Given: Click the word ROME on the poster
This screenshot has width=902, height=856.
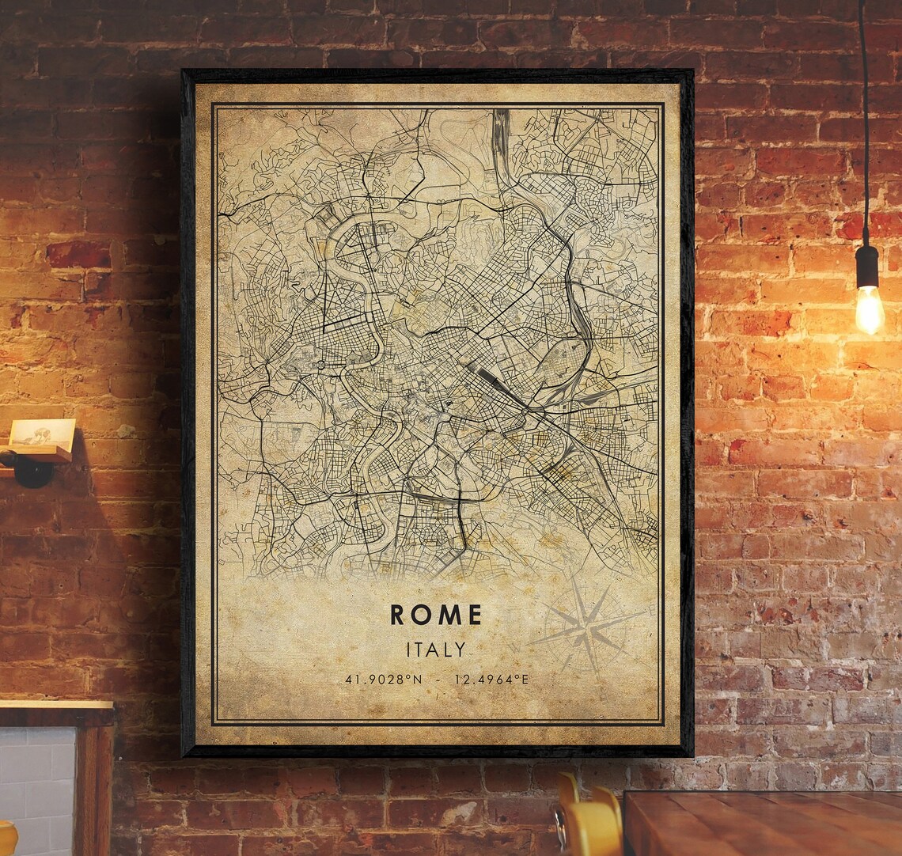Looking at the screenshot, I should tap(435, 615).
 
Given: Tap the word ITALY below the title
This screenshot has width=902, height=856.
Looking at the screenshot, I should tap(435, 650).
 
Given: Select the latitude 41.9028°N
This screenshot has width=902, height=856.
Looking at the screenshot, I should tap(381, 680).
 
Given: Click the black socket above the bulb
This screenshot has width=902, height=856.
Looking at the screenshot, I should tap(867, 265).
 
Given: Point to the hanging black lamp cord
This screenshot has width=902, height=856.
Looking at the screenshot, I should tap(864, 119).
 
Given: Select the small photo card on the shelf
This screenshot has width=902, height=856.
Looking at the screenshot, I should tap(43, 434).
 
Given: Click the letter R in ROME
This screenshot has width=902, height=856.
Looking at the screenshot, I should tap(398, 615).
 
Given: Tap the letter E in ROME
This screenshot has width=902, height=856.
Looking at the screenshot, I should tap(473, 615).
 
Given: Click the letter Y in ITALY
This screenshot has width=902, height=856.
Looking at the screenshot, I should tap(460, 650).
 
